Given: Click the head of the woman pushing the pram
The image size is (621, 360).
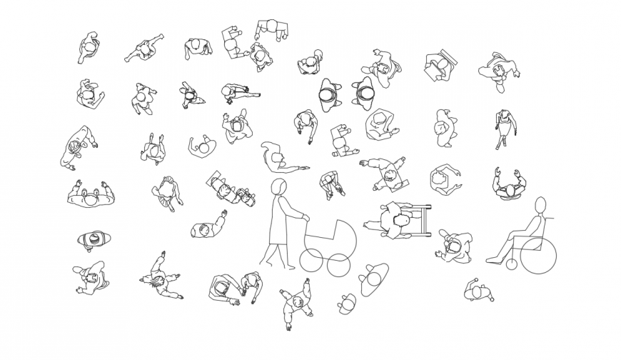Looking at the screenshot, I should click(280, 188).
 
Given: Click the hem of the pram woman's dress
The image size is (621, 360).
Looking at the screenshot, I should click(280, 243).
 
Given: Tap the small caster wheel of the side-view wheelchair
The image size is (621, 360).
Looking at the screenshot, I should click(511, 265).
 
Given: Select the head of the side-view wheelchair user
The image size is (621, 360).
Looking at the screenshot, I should click(540, 204).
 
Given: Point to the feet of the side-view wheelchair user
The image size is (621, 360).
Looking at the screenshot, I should click(492, 260).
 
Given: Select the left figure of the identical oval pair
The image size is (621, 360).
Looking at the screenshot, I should click(330, 95).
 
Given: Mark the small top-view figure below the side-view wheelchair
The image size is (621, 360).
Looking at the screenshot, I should click(477, 291).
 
